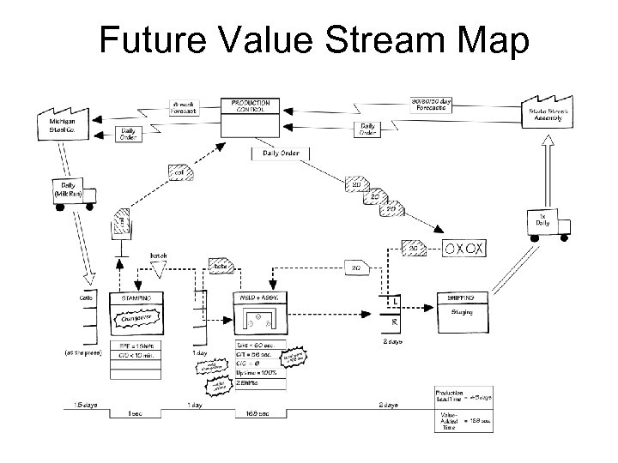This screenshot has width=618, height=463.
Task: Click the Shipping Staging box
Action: [468, 314]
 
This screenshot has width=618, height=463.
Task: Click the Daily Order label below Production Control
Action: [280, 153]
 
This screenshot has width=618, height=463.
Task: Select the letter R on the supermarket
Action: [394, 323]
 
